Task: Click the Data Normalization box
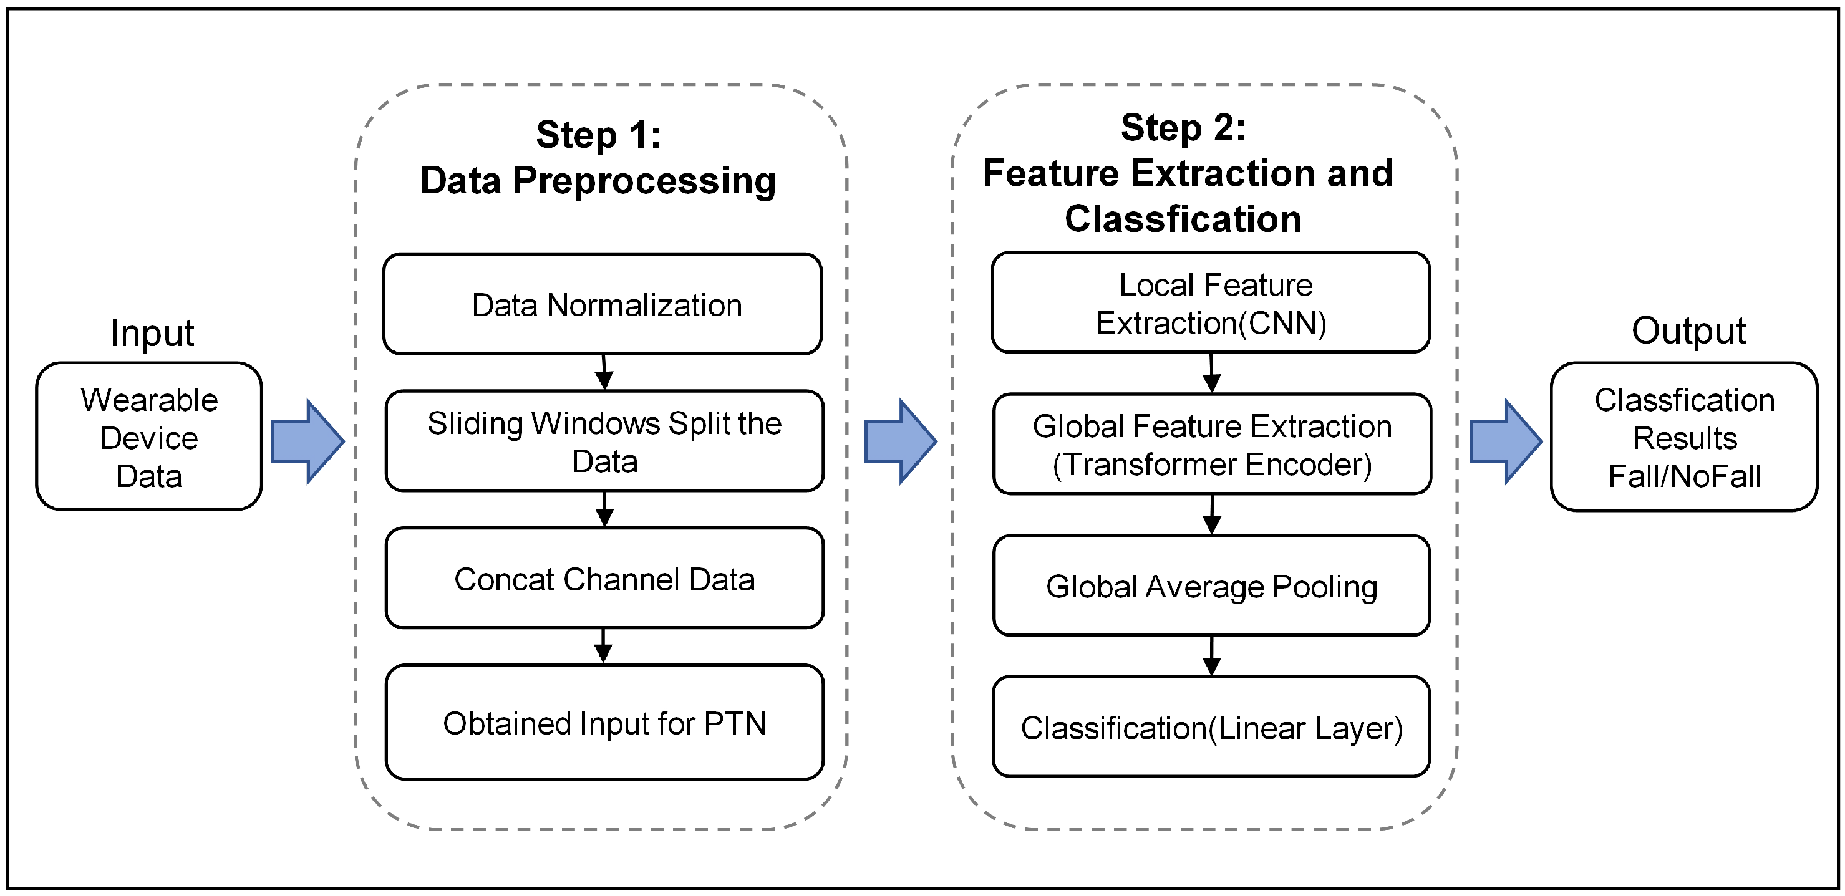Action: (x=603, y=304)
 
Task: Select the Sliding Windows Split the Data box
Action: (x=604, y=441)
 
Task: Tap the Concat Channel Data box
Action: (x=604, y=579)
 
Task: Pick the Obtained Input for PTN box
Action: (x=604, y=723)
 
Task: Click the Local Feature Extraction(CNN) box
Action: (x=1211, y=303)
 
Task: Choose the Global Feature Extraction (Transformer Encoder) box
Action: (x=1212, y=444)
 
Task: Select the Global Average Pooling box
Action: (x=1211, y=586)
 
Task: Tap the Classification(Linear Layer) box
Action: (x=1211, y=727)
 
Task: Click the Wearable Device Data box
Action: (x=149, y=437)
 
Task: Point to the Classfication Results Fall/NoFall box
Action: (x=1684, y=437)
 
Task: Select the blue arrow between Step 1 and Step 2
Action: (x=900, y=441)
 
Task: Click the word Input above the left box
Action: (x=152, y=333)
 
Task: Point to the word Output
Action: (x=1688, y=331)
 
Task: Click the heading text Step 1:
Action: (x=598, y=135)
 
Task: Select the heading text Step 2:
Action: (x=1183, y=127)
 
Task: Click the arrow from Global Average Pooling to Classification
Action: (x=1211, y=655)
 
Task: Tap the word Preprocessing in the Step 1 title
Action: (x=644, y=180)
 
